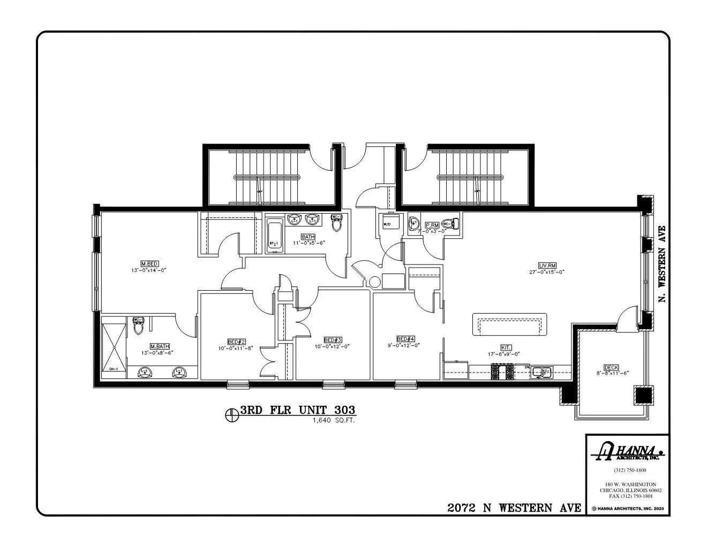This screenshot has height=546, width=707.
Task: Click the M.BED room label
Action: click(x=149, y=263)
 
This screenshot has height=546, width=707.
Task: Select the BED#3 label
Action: click(x=333, y=340)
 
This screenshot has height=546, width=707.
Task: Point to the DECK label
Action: click(x=611, y=367)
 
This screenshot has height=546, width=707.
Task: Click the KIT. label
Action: click(x=506, y=347)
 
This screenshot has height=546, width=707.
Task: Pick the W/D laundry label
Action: click(x=387, y=225)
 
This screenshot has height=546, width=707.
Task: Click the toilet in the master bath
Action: click(x=138, y=328)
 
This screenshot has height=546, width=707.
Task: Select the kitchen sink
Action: click(x=541, y=371)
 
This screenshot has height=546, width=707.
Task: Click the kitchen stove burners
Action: click(x=501, y=371)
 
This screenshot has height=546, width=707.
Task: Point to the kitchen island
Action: click(x=510, y=324)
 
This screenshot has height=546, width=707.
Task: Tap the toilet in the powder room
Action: click(x=452, y=223)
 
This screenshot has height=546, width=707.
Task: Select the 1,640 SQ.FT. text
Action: click(x=334, y=421)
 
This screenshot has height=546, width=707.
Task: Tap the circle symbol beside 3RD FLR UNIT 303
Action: click(x=232, y=413)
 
